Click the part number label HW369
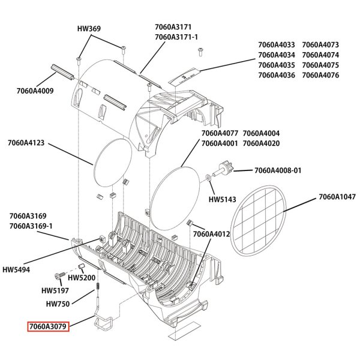point(89,28)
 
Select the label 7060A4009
point(35,91)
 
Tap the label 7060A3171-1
point(176,37)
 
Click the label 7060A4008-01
point(278,170)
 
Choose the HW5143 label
point(221,199)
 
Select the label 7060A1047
point(337,196)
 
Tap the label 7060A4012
point(211,234)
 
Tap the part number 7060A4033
point(277,44)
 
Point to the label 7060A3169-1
point(31,226)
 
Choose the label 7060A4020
point(261,143)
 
